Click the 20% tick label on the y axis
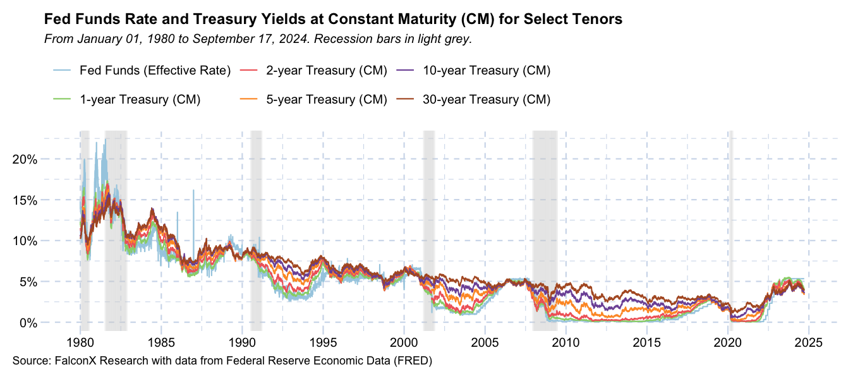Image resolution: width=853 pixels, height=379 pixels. [25, 159]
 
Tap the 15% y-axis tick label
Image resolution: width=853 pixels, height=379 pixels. [25, 200]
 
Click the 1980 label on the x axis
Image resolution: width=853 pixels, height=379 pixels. [80, 343]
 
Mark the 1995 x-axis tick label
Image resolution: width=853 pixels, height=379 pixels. [323, 343]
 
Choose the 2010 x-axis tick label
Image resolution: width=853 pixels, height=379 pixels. [566, 343]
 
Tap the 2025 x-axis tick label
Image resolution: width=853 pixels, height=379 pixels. [808, 343]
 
